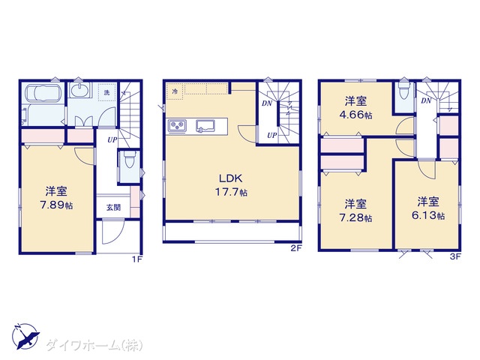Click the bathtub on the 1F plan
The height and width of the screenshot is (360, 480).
[43, 93]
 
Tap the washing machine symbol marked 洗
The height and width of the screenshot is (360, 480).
[106, 92]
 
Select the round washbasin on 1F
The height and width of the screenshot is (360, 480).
[79, 90]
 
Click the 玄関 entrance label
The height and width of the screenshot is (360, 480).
[113, 208]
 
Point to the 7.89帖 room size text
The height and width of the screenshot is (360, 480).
[57, 205]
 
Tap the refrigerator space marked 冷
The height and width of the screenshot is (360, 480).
[175, 91]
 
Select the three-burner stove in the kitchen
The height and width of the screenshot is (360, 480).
[177, 126]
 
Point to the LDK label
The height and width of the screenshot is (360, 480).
[231, 178]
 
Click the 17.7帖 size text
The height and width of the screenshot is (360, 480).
[231, 192]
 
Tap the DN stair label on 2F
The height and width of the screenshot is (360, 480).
[267, 103]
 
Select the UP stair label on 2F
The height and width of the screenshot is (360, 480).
[271, 135]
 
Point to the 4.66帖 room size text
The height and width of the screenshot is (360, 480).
[355, 115]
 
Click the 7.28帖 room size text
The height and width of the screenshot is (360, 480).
[355, 218]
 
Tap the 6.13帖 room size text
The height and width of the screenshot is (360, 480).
[428, 215]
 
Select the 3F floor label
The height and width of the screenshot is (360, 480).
[455, 256]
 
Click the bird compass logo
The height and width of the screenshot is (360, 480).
[25, 336]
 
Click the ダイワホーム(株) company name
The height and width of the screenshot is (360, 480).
[94, 346]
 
